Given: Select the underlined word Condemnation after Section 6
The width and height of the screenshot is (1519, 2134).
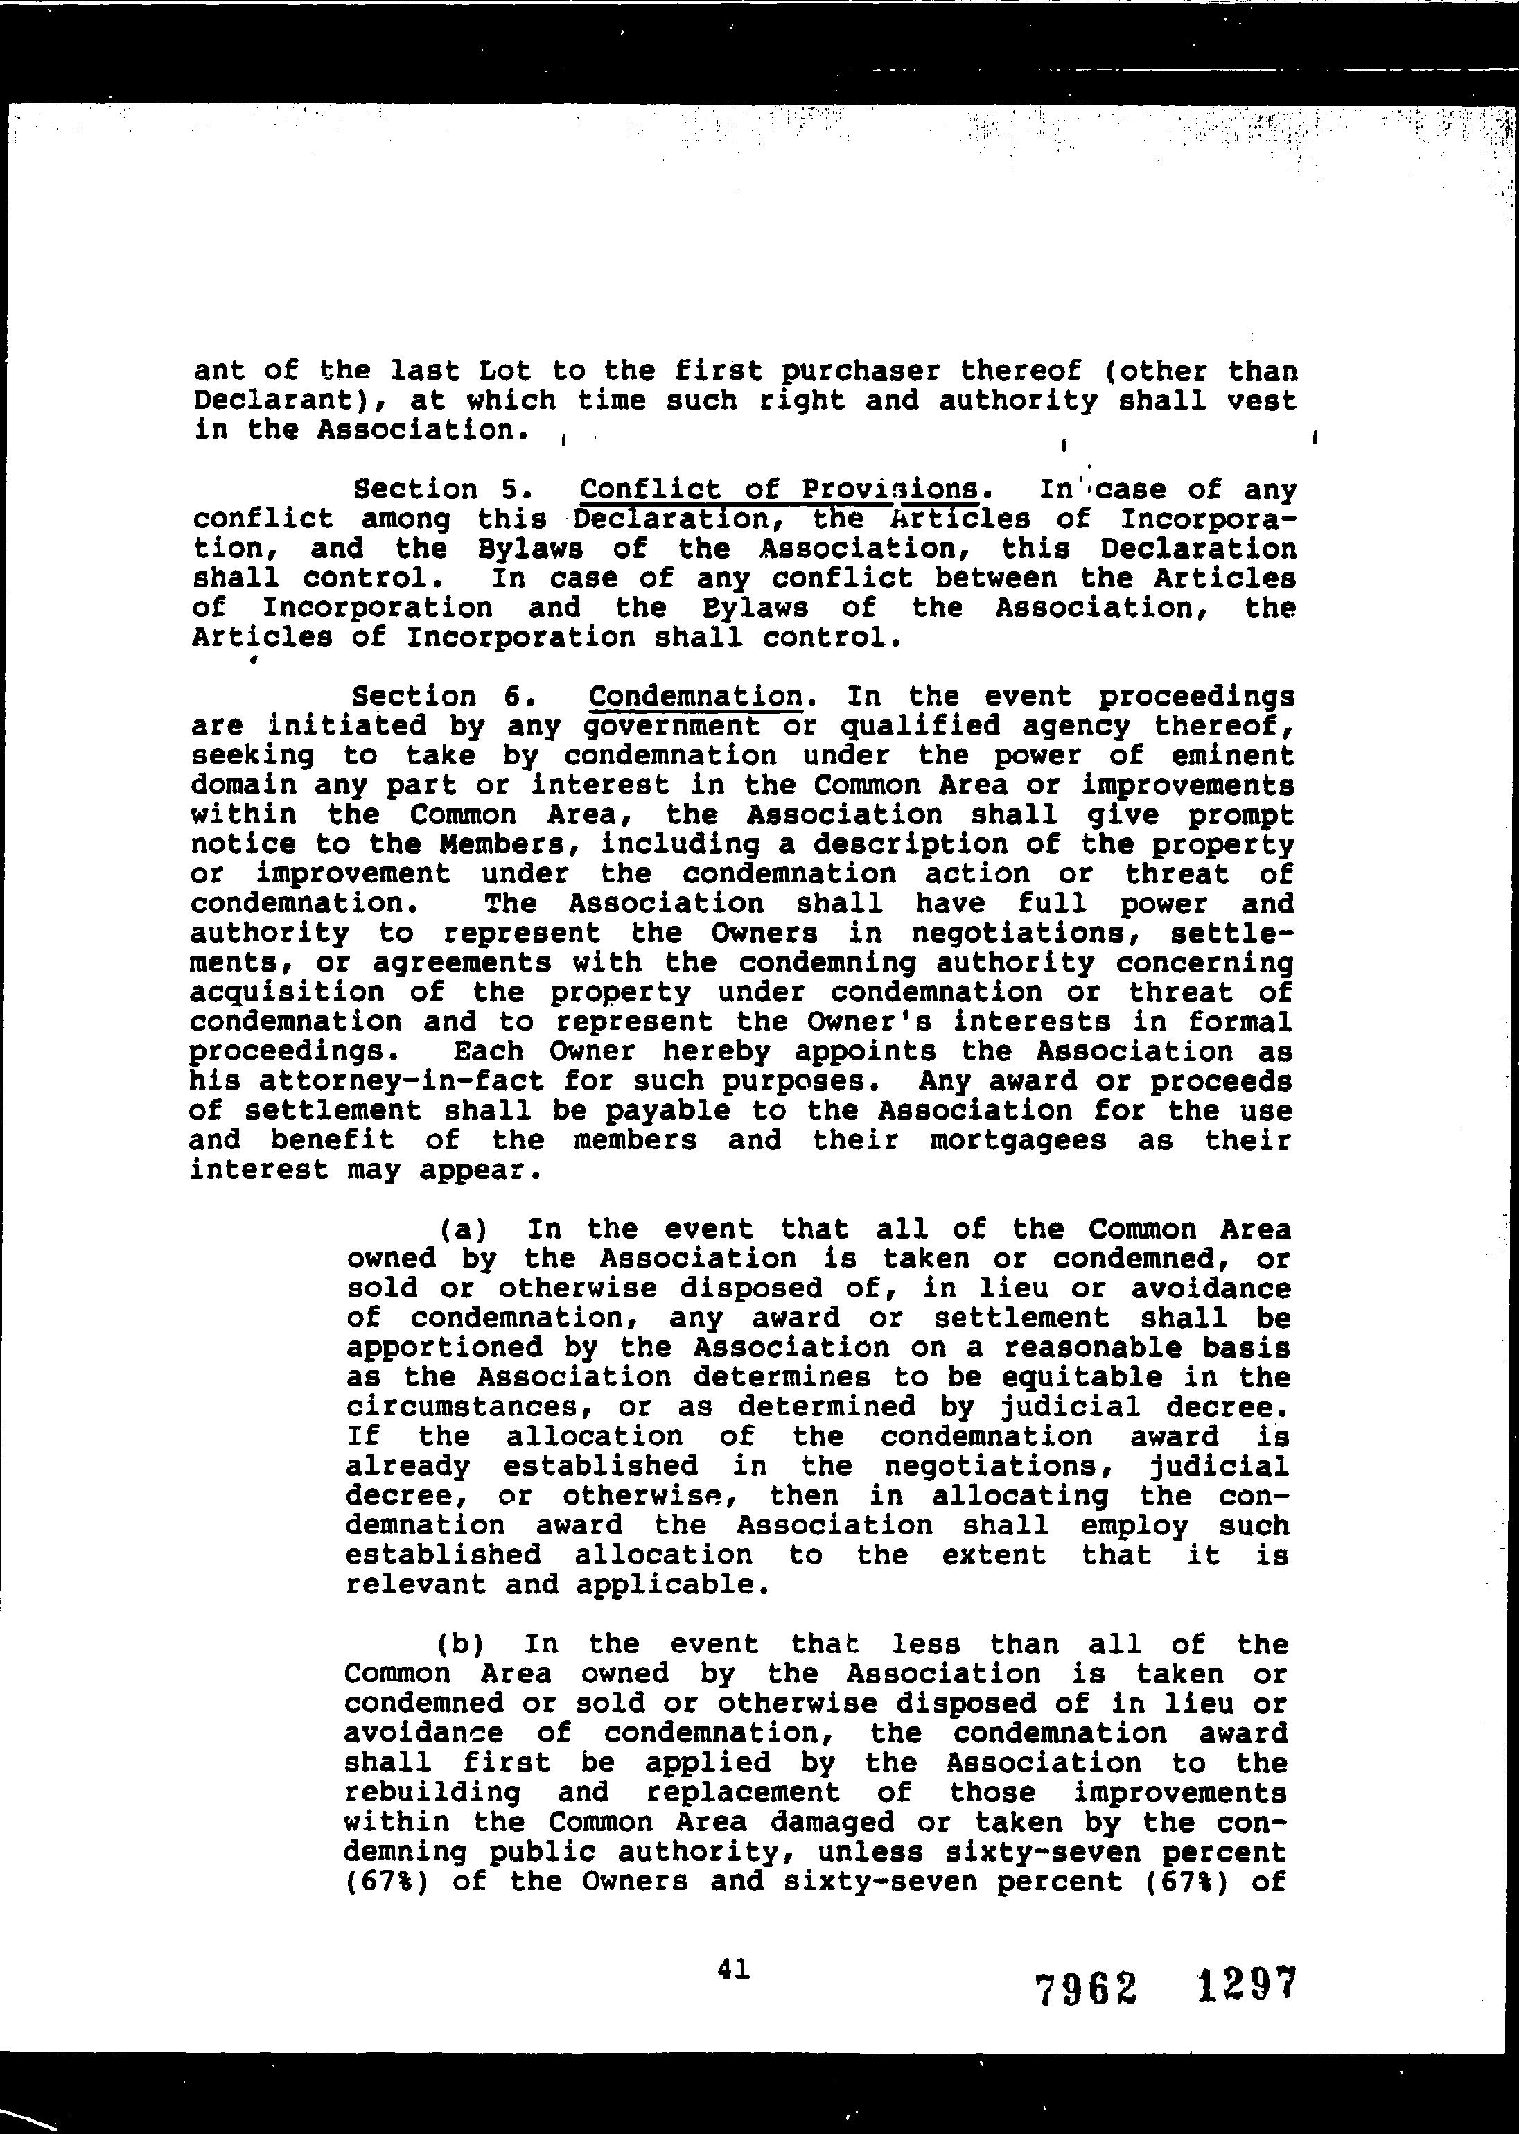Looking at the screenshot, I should (696, 697).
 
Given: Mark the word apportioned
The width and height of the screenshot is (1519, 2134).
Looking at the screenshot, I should (444, 1348).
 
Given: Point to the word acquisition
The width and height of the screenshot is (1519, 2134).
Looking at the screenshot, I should (286, 992).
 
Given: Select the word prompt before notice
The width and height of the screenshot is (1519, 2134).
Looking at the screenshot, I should (1240, 816).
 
